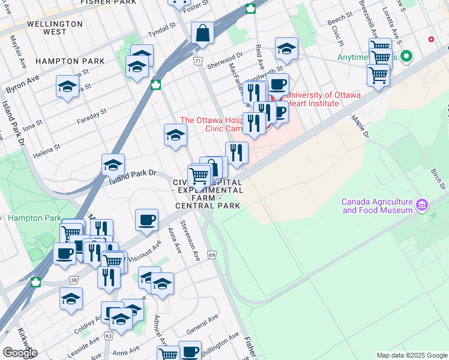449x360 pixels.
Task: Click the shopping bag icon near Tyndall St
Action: [x=203, y=34]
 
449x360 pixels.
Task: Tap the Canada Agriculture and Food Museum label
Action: [x=377, y=206]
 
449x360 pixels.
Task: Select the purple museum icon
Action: [x=422, y=206]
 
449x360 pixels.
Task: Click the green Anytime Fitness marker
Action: [x=406, y=58]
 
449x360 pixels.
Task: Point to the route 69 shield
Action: [x=212, y=255]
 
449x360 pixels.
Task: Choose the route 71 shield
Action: [x=197, y=61]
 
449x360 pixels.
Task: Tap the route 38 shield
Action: [x=73, y=280]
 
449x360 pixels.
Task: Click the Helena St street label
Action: [x=47, y=150]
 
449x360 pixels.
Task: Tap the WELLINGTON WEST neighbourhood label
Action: [x=55, y=28]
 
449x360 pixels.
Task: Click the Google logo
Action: [x=20, y=352]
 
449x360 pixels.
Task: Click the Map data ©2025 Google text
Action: [x=411, y=355]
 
